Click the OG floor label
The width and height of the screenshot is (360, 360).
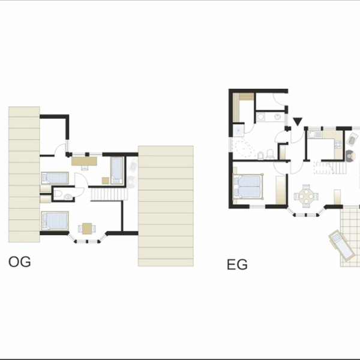[20, 262]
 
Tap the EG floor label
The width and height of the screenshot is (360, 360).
[237, 265]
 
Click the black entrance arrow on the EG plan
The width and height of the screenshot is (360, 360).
[298, 121]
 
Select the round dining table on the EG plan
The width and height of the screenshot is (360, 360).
[306, 196]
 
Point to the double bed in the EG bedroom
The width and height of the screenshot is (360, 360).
[248, 187]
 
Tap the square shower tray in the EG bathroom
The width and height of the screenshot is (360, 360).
[239, 130]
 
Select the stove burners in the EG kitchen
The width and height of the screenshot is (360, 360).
[338, 144]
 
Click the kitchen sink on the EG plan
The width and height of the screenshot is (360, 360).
[315, 134]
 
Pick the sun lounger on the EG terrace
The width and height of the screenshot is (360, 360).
[341, 245]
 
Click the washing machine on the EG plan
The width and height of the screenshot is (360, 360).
[261, 117]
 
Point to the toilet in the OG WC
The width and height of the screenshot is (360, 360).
[57, 194]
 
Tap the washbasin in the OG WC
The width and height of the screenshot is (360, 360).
[68, 197]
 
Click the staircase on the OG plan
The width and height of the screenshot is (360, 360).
[109, 194]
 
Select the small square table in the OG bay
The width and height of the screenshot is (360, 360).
[87, 229]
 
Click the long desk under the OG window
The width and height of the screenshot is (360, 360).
[84, 161]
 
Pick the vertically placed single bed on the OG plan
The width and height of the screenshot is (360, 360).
[117, 170]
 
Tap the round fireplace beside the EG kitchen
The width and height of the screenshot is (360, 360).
[350, 156]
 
